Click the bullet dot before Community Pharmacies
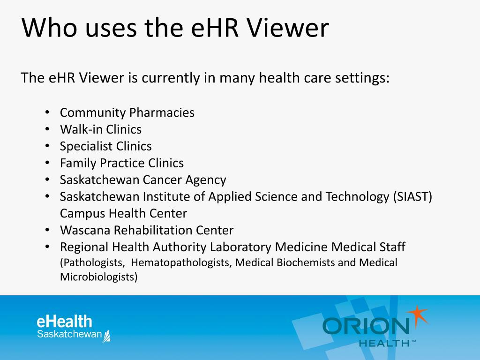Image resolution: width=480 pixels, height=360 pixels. [47, 112]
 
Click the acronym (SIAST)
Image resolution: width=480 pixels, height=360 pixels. [412, 197]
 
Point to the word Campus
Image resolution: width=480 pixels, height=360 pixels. [82, 214]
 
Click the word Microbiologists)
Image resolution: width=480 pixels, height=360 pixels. [99, 277]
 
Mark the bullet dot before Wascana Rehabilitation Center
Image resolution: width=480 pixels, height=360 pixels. [47, 230]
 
